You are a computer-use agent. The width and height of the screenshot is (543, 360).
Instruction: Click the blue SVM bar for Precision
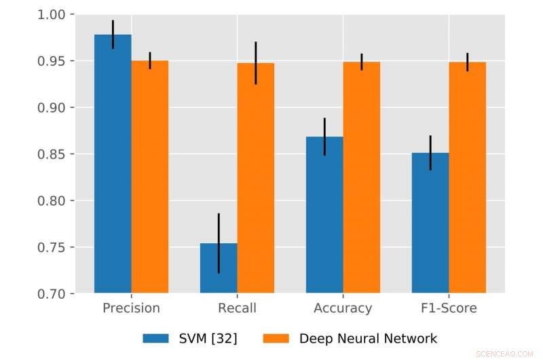click(113, 163)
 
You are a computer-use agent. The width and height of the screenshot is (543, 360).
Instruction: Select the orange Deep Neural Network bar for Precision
click(150, 177)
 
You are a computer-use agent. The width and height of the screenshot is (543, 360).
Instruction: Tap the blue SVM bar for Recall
click(219, 268)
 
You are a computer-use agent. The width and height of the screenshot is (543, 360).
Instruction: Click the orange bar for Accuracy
click(362, 177)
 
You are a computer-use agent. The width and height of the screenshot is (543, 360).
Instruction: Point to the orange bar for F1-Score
click(468, 177)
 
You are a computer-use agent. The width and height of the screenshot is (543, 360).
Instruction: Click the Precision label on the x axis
click(131, 308)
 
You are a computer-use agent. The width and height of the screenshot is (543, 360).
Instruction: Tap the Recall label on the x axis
click(237, 308)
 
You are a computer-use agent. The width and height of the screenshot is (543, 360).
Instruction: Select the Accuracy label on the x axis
click(343, 308)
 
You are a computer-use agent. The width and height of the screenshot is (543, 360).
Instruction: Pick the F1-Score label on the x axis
click(449, 308)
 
